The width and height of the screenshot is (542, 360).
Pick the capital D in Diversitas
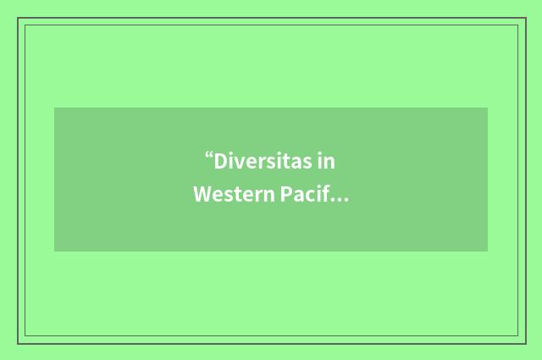click(x=220, y=161)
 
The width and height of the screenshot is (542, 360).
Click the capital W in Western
click(x=202, y=196)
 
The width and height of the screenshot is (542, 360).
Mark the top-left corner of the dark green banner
click(x=55, y=108)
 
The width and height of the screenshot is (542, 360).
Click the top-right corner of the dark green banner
click(x=487, y=108)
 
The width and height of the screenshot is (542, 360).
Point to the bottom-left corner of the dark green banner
click(x=55, y=251)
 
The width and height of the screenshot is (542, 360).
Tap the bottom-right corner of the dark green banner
click(x=487, y=251)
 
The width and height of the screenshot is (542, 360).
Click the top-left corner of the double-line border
click(x=19, y=19)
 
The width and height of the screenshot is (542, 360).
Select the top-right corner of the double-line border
click(x=524, y=19)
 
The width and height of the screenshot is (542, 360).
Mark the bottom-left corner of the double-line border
click(x=19, y=342)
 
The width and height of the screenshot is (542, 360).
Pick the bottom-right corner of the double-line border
click(x=524, y=342)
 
